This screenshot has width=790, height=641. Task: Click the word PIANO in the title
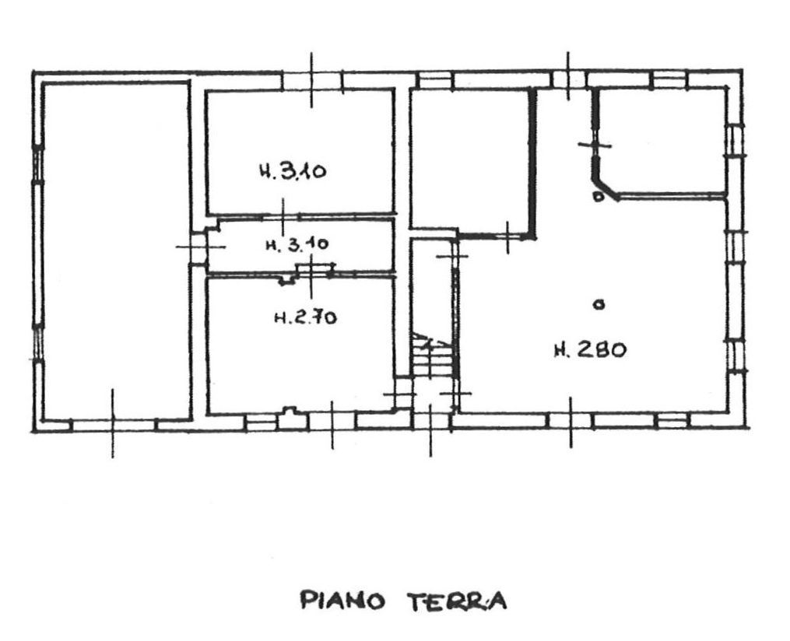coord(342,601)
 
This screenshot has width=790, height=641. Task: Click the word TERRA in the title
coord(456,601)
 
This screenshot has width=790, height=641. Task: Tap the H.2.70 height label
coord(305,317)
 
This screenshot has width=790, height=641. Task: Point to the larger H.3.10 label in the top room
coord(293,171)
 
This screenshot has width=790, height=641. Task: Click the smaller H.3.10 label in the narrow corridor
coord(297,245)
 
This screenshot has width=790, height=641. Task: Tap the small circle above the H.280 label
coord(599,304)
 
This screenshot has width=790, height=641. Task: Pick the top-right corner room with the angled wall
coord(664,141)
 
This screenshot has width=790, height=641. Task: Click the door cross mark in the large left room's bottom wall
coord(112,423)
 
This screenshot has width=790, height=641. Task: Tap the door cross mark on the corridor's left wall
coord(200,247)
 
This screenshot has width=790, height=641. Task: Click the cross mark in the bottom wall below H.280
coord(571,422)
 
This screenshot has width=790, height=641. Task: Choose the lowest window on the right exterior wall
coord(736,356)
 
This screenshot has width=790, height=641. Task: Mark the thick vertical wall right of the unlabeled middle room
coord(533,162)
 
